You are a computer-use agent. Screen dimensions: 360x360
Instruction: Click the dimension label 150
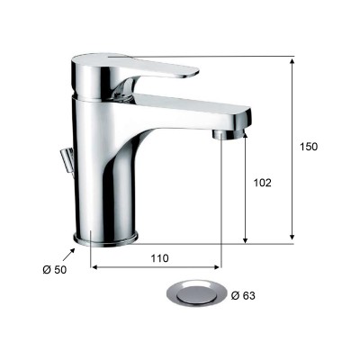coord(309,147)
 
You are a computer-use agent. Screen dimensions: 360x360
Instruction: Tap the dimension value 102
coord(262,183)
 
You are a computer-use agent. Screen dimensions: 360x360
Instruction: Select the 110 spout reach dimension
coord(159,258)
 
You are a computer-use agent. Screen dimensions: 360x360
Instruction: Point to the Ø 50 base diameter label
coord(55,270)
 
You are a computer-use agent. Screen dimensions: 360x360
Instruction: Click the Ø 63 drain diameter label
coord(243,296)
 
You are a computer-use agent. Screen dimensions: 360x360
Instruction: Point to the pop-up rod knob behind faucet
coord(67,160)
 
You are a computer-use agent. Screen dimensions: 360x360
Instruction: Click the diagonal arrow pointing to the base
coord(68,255)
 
